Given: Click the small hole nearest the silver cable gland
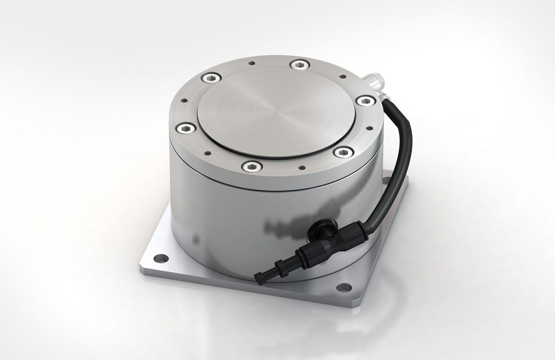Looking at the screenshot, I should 343,77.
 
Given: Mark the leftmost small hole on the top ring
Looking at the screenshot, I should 184,100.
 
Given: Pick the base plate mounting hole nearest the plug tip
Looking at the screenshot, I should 342,287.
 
